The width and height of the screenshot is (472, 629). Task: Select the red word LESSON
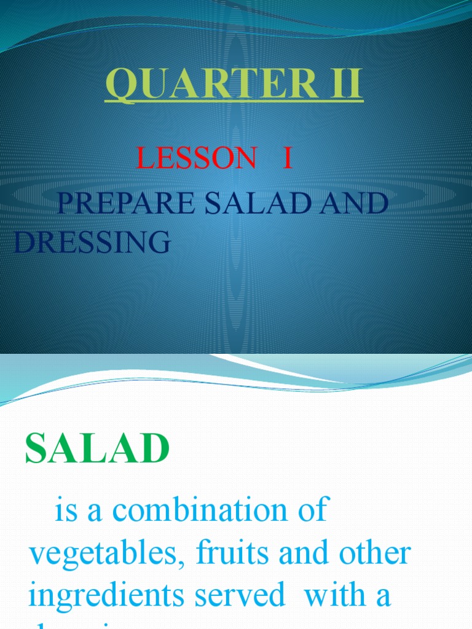coord(196,158)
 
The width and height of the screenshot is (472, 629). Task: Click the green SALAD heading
coord(97,449)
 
